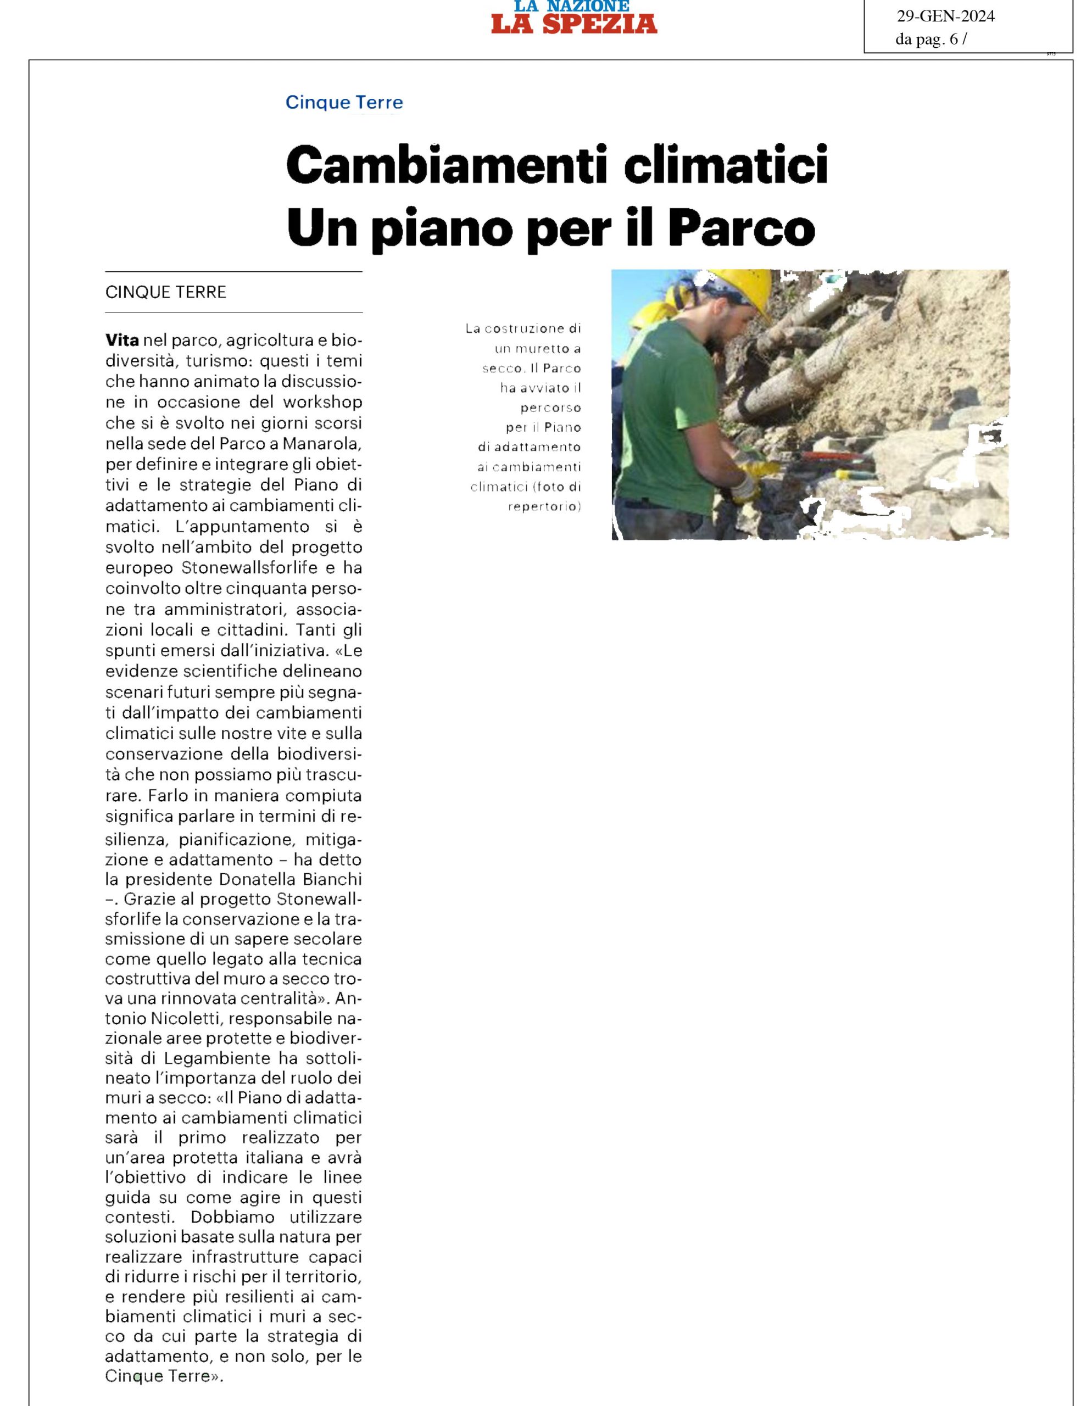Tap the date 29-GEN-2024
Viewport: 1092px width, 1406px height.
coord(945,16)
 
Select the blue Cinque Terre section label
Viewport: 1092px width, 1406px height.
coord(344,102)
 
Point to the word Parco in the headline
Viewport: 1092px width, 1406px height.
coord(742,228)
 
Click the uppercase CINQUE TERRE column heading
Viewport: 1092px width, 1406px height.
coord(165,292)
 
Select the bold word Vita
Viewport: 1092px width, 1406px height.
coord(122,340)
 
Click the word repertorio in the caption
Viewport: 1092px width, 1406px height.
coord(544,506)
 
